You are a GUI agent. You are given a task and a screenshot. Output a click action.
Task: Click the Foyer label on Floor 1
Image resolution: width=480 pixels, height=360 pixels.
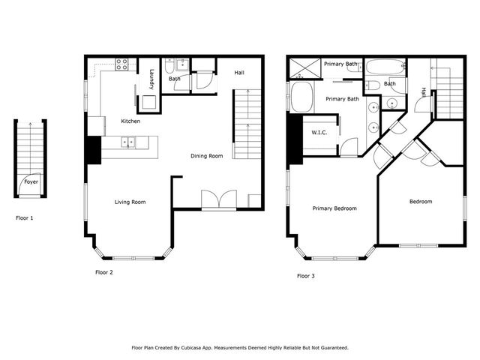(x=31, y=181)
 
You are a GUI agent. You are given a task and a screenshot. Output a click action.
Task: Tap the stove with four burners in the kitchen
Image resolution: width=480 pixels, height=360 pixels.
(x=121, y=64)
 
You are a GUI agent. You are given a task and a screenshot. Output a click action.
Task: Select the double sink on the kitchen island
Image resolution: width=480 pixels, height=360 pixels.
(x=130, y=141)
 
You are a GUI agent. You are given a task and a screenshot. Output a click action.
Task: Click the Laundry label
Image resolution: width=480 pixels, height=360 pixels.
(x=151, y=78)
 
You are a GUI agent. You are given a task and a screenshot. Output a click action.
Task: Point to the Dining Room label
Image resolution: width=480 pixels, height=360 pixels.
(x=206, y=156)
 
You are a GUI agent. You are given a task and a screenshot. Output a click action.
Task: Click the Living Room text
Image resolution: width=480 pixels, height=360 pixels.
(x=130, y=202)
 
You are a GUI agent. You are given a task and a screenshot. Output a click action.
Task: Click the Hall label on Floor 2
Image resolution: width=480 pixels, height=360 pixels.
(x=239, y=73)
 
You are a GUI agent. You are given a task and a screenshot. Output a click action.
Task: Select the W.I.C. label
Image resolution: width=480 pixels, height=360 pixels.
(x=320, y=133)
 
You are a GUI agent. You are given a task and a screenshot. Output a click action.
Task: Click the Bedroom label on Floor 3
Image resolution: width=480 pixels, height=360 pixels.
(x=421, y=202)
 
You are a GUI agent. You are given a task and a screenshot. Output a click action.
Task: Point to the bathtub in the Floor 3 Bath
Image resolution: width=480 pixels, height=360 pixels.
(x=385, y=66)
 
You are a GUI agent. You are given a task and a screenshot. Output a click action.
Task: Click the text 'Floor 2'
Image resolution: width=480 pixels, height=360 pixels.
(x=103, y=272)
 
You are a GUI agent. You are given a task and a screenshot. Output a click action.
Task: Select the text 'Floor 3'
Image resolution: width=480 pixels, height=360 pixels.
(x=305, y=276)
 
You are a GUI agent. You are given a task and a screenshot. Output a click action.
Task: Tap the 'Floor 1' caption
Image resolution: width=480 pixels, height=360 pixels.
(x=25, y=218)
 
